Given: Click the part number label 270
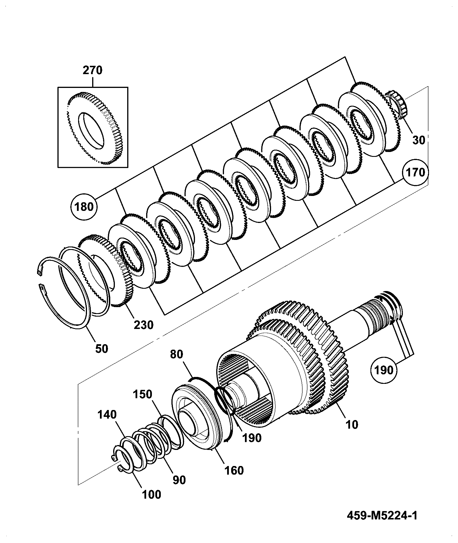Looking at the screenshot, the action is [x=92, y=70].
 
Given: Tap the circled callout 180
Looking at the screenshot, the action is [x=84, y=207].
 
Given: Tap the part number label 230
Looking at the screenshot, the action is [x=144, y=325].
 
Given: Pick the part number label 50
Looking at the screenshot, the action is [x=101, y=348].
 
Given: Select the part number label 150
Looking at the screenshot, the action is [x=142, y=394].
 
